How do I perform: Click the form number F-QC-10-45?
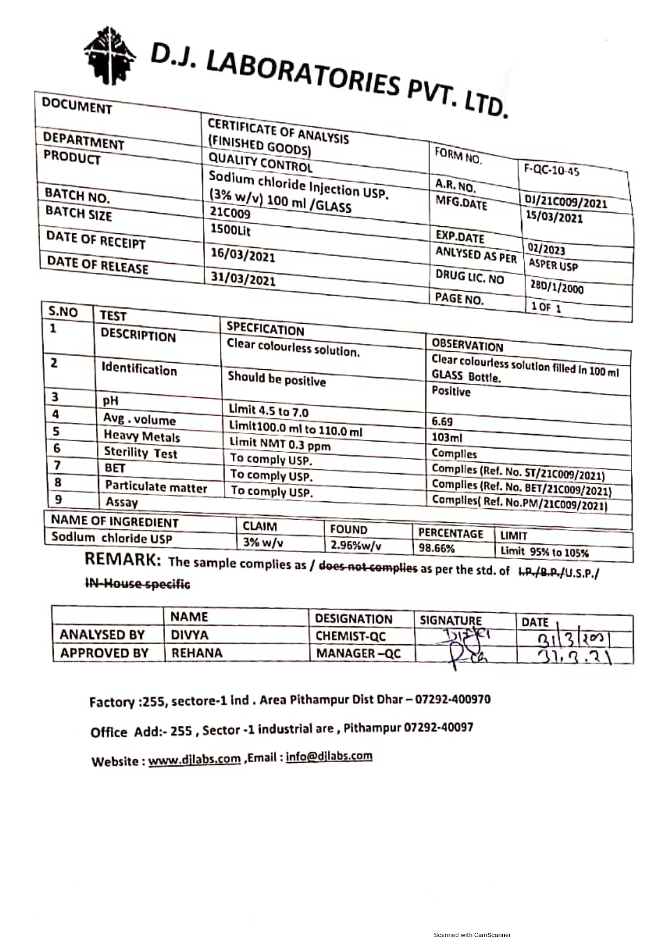(551, 171)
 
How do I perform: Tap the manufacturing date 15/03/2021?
(554, 218)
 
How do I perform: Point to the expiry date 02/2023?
(546, 250)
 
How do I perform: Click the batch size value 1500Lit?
(231, 230)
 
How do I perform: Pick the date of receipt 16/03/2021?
(242, 255)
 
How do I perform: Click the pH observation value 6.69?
(442, 421)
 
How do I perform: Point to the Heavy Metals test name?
(142, 436)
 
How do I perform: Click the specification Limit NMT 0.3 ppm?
(280, 444)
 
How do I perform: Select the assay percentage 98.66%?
(437, 548)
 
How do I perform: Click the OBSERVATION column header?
(467, 345)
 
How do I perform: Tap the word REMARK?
(122, 560)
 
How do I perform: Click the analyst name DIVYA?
(190, 634)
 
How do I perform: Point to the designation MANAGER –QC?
(358, 653)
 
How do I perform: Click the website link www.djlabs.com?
(194, 759)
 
